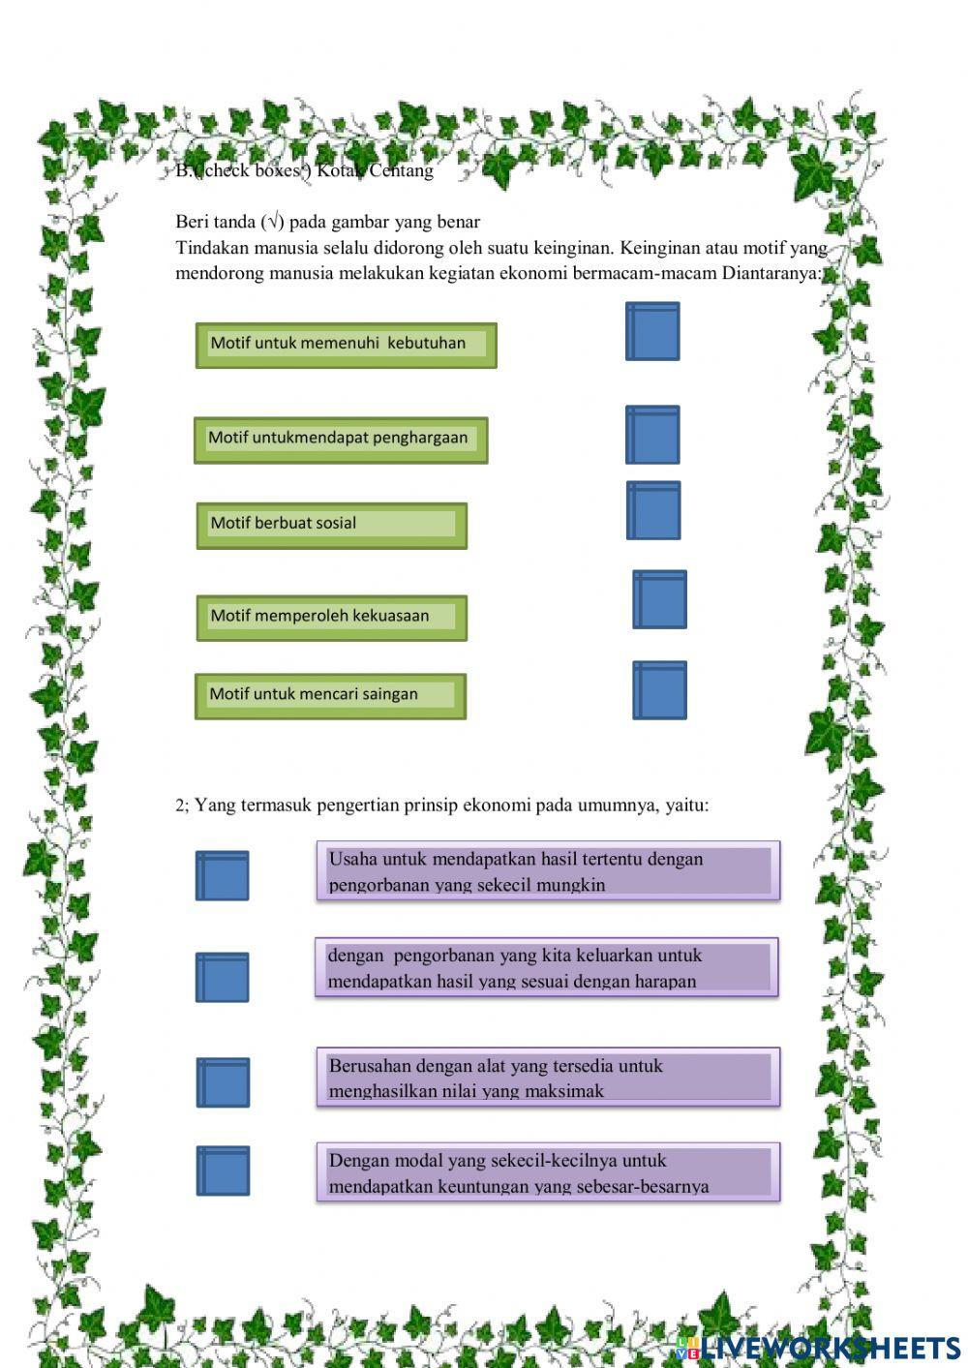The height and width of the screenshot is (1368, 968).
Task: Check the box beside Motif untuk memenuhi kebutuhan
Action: [x=652, y=332]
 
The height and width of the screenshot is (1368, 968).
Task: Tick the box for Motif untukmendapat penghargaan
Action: [x=652, y=435]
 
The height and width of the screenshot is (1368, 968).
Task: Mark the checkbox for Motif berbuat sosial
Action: [x=653, y=510]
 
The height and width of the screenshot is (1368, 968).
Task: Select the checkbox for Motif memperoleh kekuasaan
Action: [x=660, y=599]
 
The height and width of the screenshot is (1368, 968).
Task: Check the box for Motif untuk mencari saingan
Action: [x=660, y=690]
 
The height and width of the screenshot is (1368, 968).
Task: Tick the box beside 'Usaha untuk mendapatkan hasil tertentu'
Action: [x=223, y=876]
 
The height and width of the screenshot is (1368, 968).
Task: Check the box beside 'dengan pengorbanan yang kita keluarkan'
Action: [x=223, y=977]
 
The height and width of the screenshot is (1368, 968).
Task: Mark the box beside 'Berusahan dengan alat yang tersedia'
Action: [x=224, y=1082]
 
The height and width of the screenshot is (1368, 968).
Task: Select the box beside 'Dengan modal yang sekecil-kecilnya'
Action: [x=224, y=1170]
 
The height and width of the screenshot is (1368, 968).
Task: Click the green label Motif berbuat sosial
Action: [x=331, y=525]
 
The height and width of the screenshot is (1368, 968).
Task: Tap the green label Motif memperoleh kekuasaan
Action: [x=331, y=618]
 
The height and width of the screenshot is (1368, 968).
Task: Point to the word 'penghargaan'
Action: [x=420, y=438]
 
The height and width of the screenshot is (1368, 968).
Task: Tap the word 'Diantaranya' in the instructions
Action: [x=771, y=273]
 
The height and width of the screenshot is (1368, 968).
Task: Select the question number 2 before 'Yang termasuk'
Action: [x=180, y=806]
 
